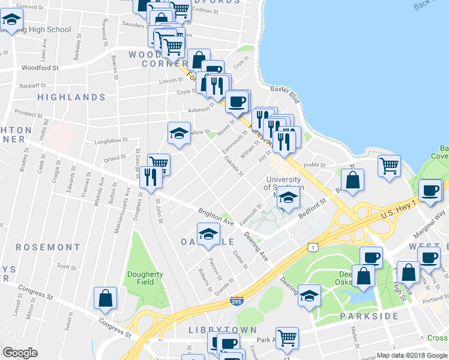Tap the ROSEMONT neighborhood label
point(48,247)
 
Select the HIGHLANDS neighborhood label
point(71,97)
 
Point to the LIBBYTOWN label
point(223,330)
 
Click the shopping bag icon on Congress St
point(105,298)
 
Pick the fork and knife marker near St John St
point(150,177)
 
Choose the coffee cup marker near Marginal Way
point(430,190)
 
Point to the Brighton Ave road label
point(216,217)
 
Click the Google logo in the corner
point(20,353)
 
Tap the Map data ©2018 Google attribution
point(411,355)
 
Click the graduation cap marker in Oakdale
point(208,234)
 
